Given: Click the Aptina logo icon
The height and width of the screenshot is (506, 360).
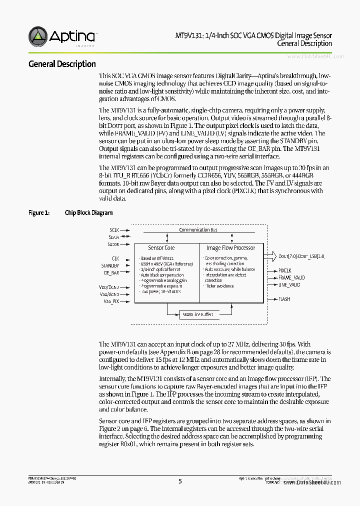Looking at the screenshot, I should coord(38,36).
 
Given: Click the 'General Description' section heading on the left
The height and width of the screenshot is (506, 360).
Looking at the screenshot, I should coord(62,64).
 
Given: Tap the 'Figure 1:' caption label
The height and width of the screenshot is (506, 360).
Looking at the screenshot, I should coord(38,213).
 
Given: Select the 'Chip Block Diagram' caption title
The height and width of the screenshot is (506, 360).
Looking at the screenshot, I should coord(88,213).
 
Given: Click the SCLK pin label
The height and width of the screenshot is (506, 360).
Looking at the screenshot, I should coord(114,229).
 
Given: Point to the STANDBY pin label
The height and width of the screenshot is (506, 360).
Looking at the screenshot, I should coord(110,265).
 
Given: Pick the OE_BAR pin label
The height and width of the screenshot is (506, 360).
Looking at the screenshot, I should coord(111,273).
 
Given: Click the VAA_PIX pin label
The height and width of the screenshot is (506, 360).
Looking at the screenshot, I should coord(111,301).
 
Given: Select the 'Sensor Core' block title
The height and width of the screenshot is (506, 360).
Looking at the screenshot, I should coord(161,248).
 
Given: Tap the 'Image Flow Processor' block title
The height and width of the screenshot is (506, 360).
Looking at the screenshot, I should coord(230,248).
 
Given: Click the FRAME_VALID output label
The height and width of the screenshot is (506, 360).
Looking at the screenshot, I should coord(291,277).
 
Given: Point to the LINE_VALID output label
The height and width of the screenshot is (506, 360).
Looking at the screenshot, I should coord(289,284).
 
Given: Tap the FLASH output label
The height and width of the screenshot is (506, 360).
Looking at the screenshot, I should coord(284,299).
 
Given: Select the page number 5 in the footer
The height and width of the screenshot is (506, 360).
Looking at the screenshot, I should coord(180,481).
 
